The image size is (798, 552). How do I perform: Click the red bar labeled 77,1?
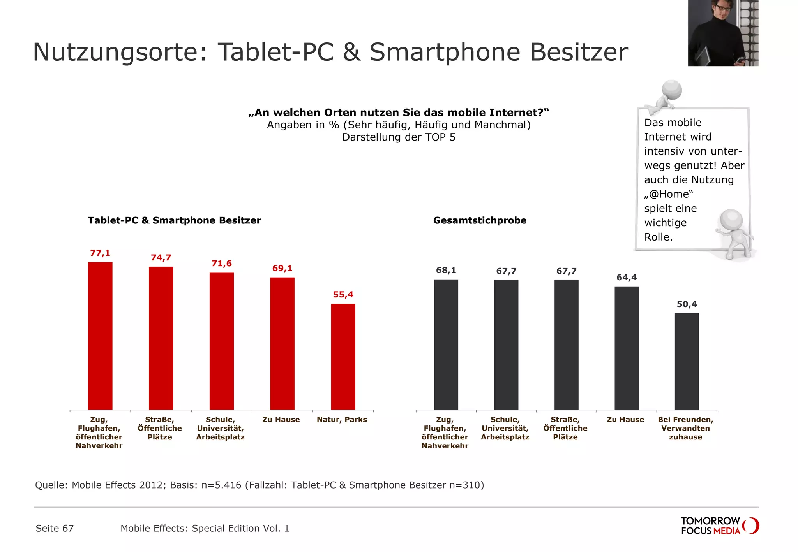100,336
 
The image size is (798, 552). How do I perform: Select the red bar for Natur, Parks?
343,356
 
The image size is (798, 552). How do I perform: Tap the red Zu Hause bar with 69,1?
282,343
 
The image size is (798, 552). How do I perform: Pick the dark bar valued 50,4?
687,361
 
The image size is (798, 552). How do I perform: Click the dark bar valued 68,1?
446,344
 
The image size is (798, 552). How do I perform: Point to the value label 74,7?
161,258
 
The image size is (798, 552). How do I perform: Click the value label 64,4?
627,278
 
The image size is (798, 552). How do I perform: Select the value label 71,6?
221,264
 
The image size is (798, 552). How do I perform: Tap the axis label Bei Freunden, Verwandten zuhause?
685,428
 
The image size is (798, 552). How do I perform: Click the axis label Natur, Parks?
342,420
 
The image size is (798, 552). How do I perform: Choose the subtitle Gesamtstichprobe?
480,220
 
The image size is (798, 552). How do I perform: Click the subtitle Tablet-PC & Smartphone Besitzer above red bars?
174,220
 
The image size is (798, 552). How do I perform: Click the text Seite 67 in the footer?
55,528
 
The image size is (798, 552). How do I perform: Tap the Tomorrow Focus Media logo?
719,526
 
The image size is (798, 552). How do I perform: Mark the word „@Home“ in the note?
669,194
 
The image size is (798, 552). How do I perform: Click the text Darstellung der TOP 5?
399,137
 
